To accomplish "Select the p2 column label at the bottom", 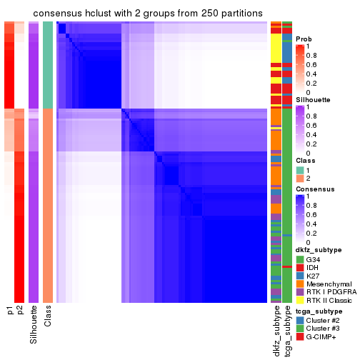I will (x=20, y=313).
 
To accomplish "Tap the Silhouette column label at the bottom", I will (x=34, y=325).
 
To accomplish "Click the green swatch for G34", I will (x=299, y=259).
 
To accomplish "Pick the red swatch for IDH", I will (x=299, y=267).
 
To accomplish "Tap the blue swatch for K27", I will (x=299, y=276).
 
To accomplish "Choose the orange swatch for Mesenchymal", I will (x=299, y=286).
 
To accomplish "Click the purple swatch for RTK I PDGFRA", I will (x=299, y=295).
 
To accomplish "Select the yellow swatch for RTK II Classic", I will (x=299, y=304).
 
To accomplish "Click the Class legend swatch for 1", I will (x=299, y=169).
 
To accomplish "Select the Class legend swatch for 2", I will (x=299, y=179).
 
